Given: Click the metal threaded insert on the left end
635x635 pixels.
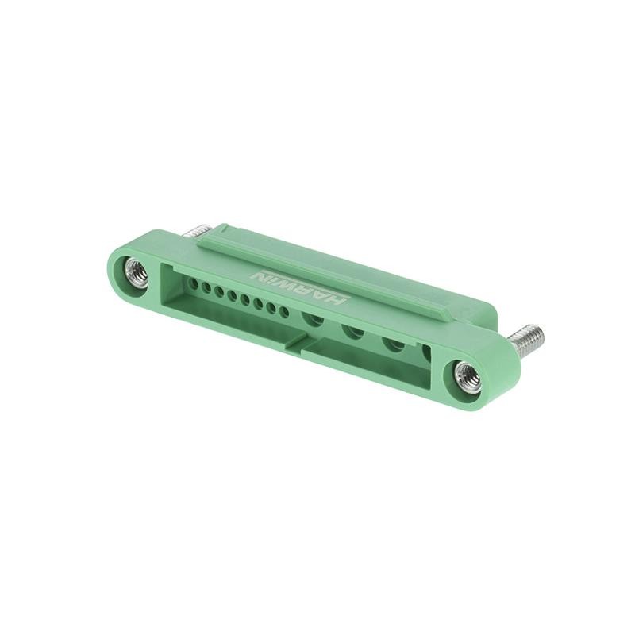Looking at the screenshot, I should coord(137,273).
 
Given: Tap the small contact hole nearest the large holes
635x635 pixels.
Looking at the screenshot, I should coord(284,311).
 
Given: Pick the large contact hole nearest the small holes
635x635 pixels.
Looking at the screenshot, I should coord(314,320).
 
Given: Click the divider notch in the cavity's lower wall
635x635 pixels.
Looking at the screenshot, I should coord(299,343).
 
